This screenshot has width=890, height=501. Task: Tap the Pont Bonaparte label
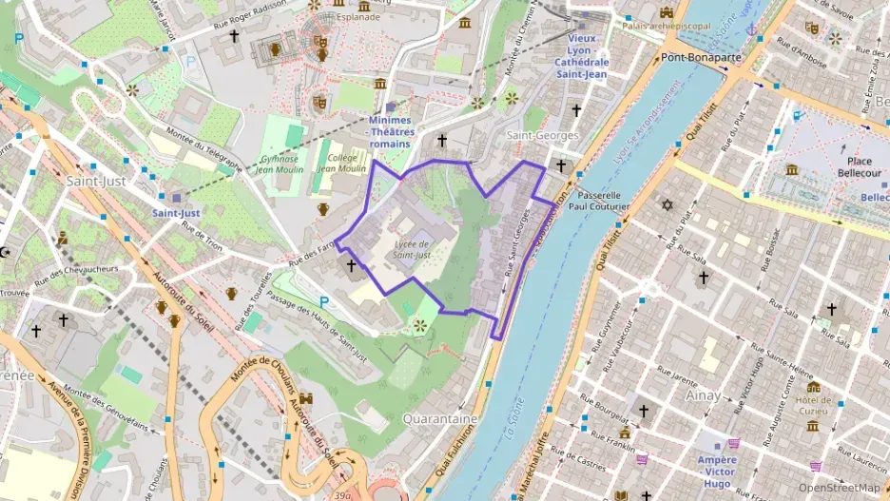pyautogui.click(x=702, y=58)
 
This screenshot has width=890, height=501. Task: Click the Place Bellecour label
pyautogui.click(x=854, y=167)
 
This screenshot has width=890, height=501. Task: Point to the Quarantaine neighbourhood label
pyautogui.click(x=440, y=418)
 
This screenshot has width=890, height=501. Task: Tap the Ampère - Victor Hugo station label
pyautogui.click(x=716, y=466)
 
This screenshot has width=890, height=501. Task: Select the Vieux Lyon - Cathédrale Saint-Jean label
pyautogui.click(x=582, y=55)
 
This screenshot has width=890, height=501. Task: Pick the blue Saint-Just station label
pyautogui.click(x=176, y=213)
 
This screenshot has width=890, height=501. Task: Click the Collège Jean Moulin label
pyautogui.click(x=340, y=163)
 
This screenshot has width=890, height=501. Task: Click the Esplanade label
pyautogui.click(x=358, y=16)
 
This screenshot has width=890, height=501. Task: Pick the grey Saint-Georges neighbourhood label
pyautogui.click(x=541, y=135)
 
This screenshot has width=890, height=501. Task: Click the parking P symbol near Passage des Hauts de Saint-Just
pyautogui.click(x=325, y=302)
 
